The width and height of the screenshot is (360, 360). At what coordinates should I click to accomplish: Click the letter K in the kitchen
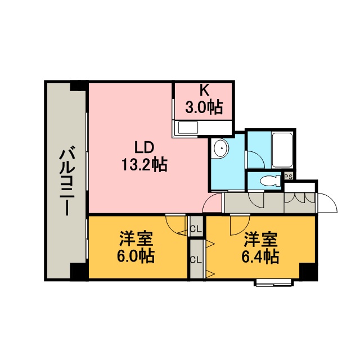point(204,91)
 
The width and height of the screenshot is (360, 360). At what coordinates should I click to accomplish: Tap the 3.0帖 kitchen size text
point(204,107)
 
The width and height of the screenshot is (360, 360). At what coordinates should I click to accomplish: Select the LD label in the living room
point(144,147)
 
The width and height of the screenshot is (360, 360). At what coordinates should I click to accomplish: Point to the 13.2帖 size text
point(144,164)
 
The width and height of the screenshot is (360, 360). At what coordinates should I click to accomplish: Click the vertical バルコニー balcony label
point(67,181)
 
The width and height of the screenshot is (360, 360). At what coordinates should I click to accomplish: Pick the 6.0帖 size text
point(136,256)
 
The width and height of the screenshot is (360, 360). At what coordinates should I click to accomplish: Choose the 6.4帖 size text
point(260,256)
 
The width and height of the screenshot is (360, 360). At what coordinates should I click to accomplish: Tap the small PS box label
point(289,177)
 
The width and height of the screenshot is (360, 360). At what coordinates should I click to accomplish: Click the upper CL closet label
point(196,229)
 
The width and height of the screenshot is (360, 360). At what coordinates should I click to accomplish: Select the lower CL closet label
point(196,260)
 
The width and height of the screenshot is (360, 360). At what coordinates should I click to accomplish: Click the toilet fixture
point(271,181)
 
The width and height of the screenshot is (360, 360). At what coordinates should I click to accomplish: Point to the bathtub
point(282,150)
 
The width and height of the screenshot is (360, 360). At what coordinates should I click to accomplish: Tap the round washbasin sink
point(220,148)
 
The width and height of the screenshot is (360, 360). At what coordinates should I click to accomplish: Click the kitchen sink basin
point(188,128)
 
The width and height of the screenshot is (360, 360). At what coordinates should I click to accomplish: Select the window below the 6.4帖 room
point(274,282)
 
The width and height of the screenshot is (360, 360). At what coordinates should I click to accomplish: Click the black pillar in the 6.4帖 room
point(309,272)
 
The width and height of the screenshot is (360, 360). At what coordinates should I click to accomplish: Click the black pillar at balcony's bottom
point(79,272)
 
